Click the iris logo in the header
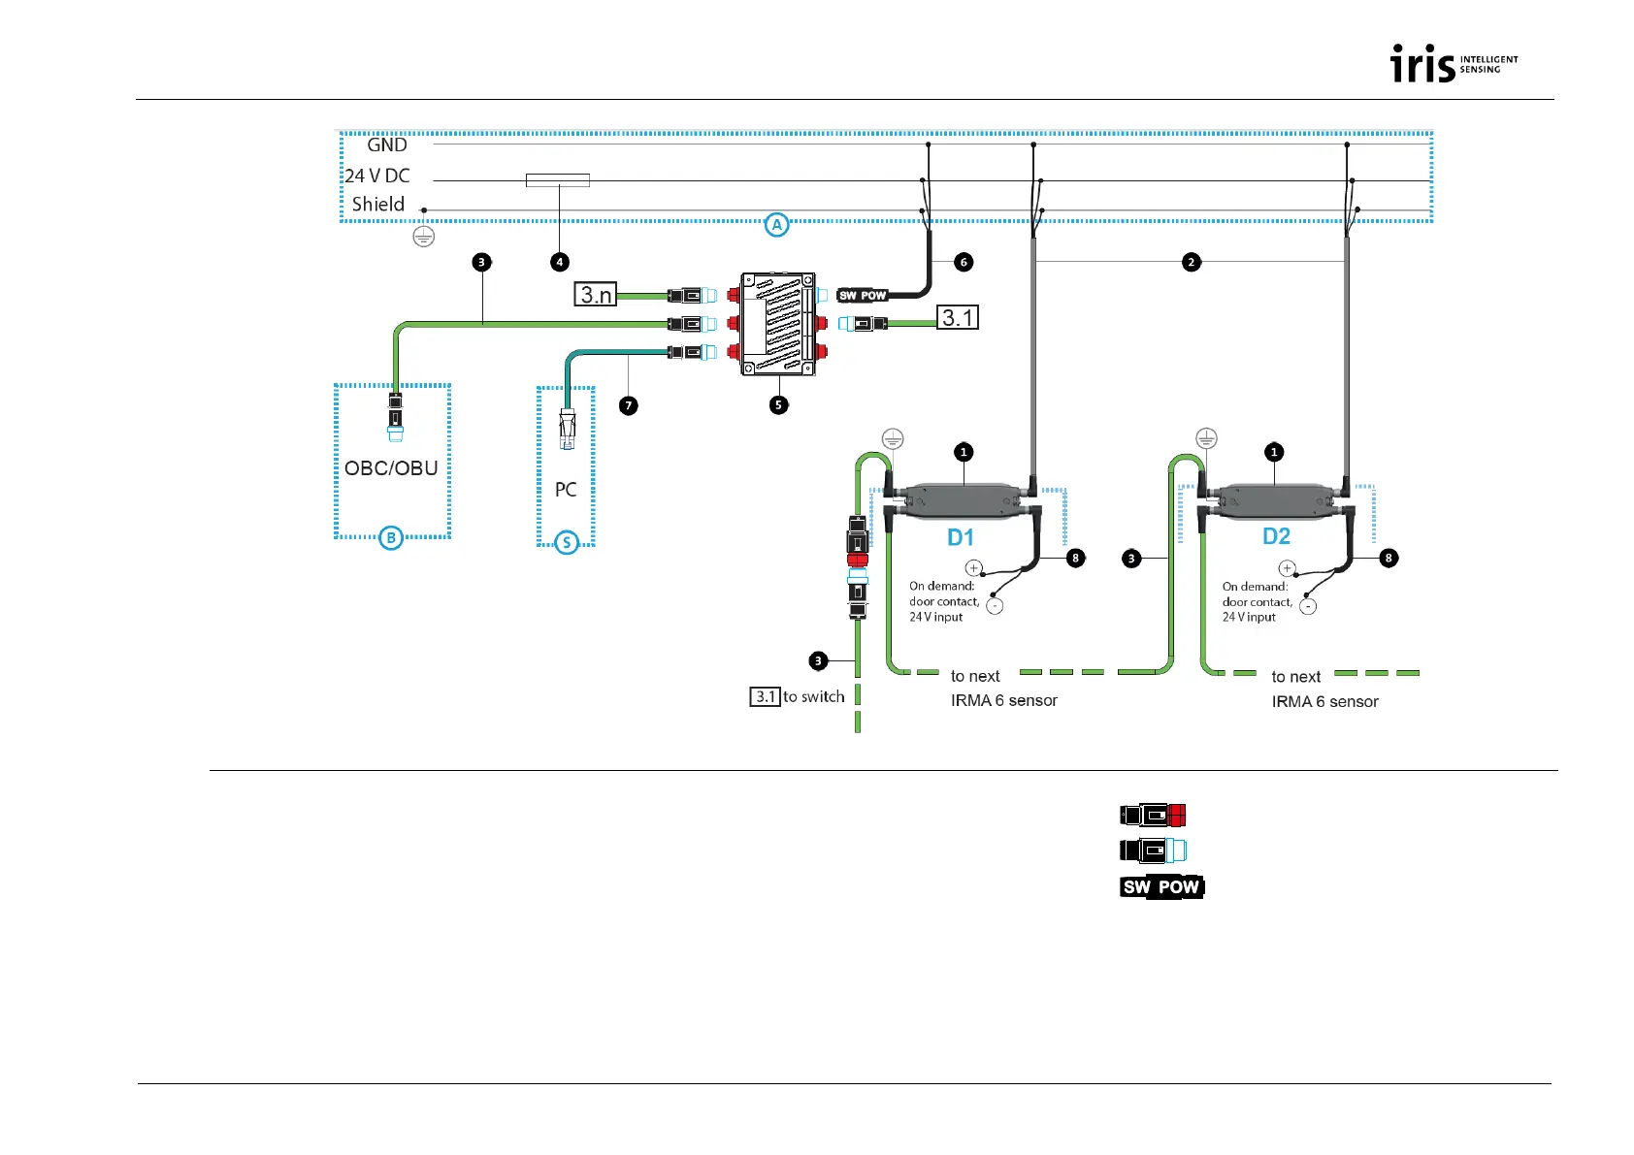[1453, 64]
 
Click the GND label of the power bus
[386, 145]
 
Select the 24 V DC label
[377, 176]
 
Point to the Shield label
[377, 205]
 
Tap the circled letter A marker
[776, 225]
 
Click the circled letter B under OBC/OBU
[390, 538]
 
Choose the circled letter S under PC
[567, 543]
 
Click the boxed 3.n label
[596, 294]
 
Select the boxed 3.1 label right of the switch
[958, 317]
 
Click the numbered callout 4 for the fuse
[559, 262]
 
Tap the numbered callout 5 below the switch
[779, 405]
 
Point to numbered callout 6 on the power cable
[964, 262]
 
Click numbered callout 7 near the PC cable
[629, 405]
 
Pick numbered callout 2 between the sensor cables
[1192, 262]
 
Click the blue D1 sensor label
[960, 537]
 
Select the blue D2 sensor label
[1276, 536]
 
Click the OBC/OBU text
[391, 468]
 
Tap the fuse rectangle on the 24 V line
[558, 180]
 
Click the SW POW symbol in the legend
[1161, 887]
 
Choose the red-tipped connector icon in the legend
[1153, 815]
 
